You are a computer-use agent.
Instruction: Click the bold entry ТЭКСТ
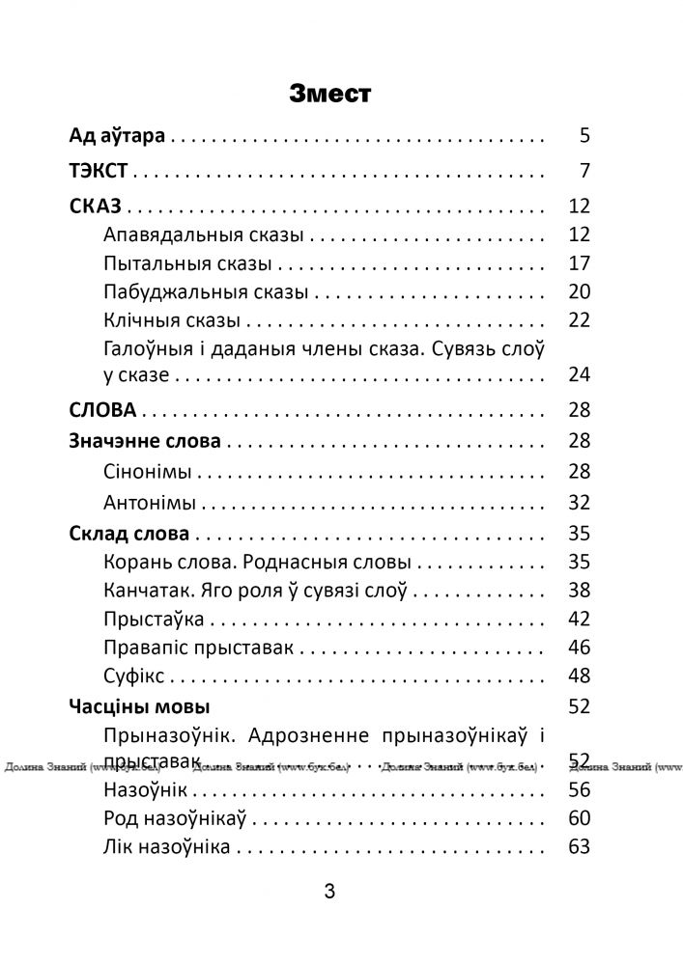tap(100, 172)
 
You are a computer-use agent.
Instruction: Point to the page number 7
tap(584, 172)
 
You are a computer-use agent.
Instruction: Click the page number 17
tap(579, 262)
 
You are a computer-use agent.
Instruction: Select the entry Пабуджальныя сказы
tap(205, 290)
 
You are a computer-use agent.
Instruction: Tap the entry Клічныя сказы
tap(175, 318)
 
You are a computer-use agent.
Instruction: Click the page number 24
tap(579, 374)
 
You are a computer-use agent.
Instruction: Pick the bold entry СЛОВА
tap(103, 410)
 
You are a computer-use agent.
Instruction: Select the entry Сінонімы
tap(146, 472)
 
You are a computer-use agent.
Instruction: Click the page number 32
tap(579, 502)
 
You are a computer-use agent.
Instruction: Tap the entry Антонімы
tap(149, 502)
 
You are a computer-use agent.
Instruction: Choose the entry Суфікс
tap(135, 675)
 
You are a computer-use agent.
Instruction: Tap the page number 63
tap(579, 847)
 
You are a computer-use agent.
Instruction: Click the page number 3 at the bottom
tap(329, 893)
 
